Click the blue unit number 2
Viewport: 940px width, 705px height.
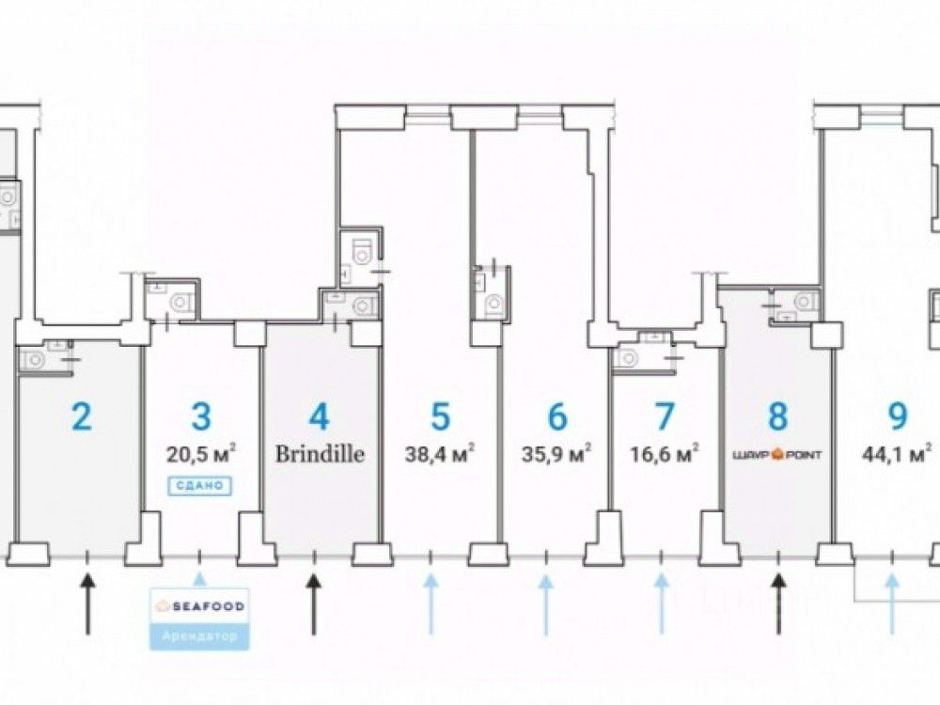coord(82,415)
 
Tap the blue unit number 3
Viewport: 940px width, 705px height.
coord(199,415)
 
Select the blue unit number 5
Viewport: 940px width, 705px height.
coord(440,415)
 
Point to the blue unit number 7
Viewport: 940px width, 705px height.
coord(664,415)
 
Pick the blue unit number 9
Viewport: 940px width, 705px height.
coord(897,415)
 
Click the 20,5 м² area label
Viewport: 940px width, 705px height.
coord(199,454)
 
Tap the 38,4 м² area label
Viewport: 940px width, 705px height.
coord(440,454)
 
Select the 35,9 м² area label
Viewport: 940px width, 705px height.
coord(556,454)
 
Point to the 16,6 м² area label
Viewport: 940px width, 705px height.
coord(664,454)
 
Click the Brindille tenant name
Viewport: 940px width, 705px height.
coord(320,454)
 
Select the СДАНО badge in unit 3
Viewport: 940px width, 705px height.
coord(199,486)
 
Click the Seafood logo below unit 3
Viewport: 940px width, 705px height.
coord(199,606)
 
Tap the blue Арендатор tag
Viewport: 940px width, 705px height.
coord(199,636)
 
